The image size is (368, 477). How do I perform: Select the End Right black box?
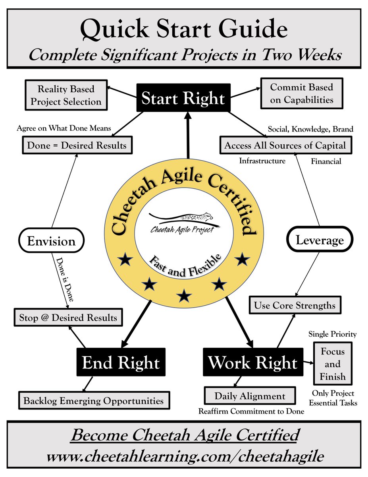(121, 363)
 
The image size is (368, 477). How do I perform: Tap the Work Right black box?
(253, 363)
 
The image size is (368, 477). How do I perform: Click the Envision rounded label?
(51, 241)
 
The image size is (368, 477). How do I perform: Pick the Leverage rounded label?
(320, 240)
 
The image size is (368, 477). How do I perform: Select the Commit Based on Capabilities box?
(302, 93)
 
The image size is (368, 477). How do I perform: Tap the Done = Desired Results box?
(77, 145)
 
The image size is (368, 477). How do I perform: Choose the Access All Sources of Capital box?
(285, 145)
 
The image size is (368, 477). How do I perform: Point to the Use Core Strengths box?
(295, 305)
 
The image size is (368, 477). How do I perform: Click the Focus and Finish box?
(333, 364)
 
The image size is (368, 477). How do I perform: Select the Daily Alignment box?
(250, 396)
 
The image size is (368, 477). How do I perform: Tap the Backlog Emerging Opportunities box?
(94, 400)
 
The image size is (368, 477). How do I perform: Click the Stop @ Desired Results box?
(68, 318)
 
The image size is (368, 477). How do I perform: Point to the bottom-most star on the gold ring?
(184, 295)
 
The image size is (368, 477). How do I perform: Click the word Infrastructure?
(262, 161)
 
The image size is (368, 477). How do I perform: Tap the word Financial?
(326, 162)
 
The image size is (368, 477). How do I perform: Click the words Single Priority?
(333, 334)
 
